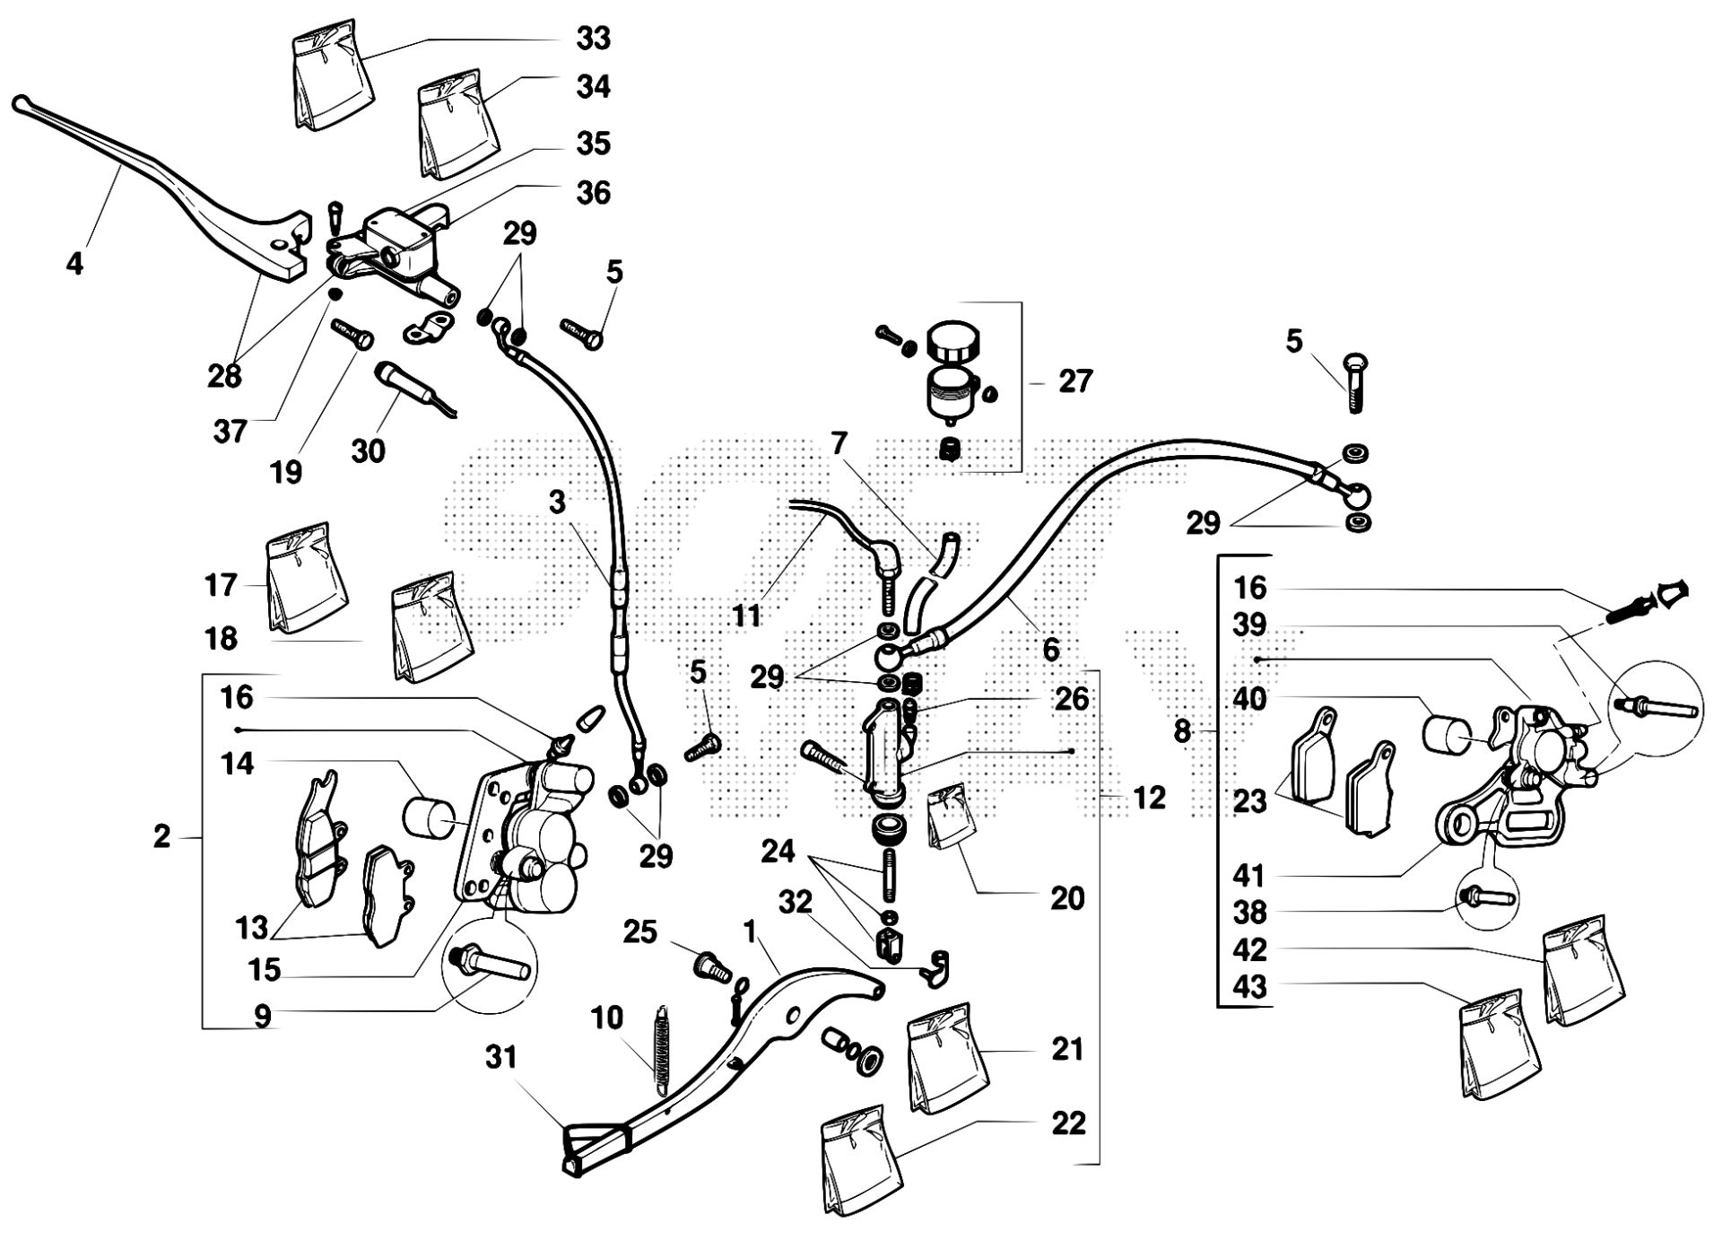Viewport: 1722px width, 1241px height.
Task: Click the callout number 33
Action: point(592,39)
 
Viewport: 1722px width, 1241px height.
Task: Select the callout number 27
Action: point(1075,381)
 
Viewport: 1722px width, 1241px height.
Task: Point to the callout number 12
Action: point(1148,797)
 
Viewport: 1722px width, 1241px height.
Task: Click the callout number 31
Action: point(501,1058)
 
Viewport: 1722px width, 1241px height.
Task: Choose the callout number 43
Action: point(1249,987)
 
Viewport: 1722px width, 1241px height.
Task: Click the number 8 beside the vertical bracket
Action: point(1182,731)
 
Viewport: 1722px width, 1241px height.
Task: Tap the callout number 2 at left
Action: point(161,837)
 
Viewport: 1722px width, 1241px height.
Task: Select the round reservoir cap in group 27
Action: point(954,342)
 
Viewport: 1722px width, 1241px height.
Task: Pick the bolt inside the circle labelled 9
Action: point(493,966)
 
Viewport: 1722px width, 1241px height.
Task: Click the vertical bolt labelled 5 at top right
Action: point(1355,382)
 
